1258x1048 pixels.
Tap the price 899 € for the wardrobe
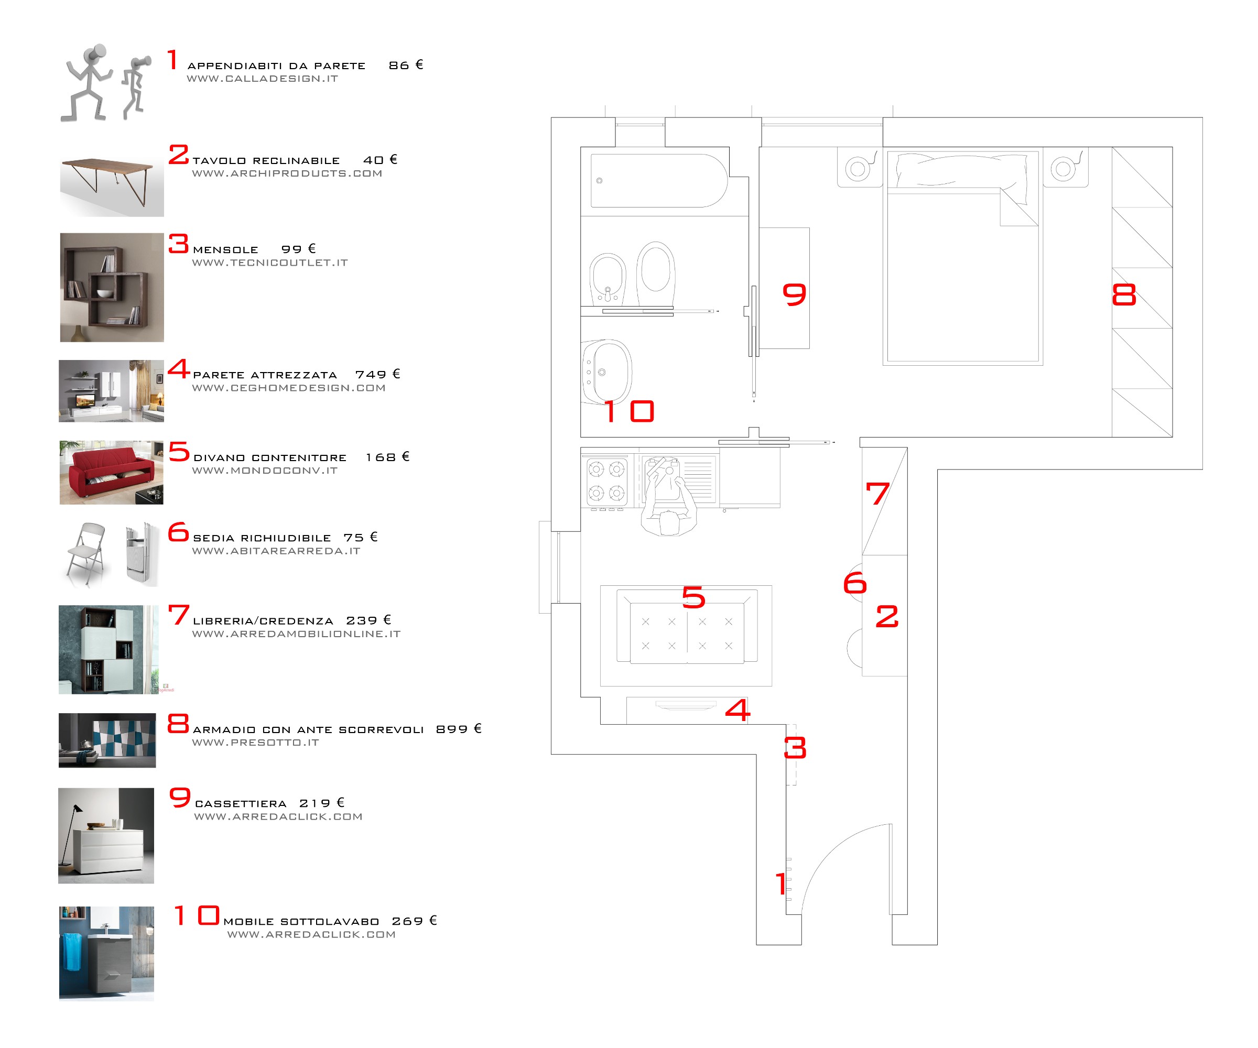tap(458, 729)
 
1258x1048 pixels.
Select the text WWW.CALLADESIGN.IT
tap(263, 79)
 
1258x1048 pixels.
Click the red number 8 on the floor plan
tap(1124, 294)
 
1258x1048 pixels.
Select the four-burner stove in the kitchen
tap(606, 481)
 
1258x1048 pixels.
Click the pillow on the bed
tap(961, 170)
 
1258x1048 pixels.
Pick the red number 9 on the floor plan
tap(794, 294)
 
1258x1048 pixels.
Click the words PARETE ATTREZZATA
tap(265, 375)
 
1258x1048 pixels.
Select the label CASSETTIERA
tap(241, 804)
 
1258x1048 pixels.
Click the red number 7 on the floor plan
tap(877, 494)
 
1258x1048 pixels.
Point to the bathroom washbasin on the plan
tap(607, 372)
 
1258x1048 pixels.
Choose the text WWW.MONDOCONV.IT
tap(265, 471)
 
